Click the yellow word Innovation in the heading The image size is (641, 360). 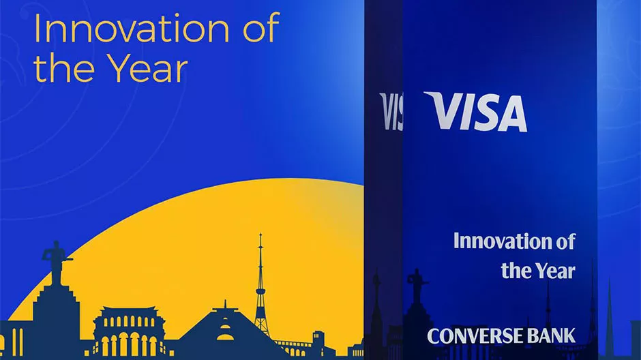tap(132, 28)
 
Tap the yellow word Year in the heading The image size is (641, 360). tap(149, 69)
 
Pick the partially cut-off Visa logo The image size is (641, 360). tap(391, 111)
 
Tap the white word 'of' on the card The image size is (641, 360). tap(565, 241)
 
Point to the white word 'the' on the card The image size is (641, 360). tap(516, 271)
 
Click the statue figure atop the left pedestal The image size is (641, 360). tap(56, 262)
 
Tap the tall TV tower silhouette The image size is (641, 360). tap(260, 286)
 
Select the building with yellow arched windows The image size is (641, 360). tap(128, 331)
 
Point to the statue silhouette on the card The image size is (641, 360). tap(417, 286)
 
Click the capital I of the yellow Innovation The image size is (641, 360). tap(36, 28)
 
